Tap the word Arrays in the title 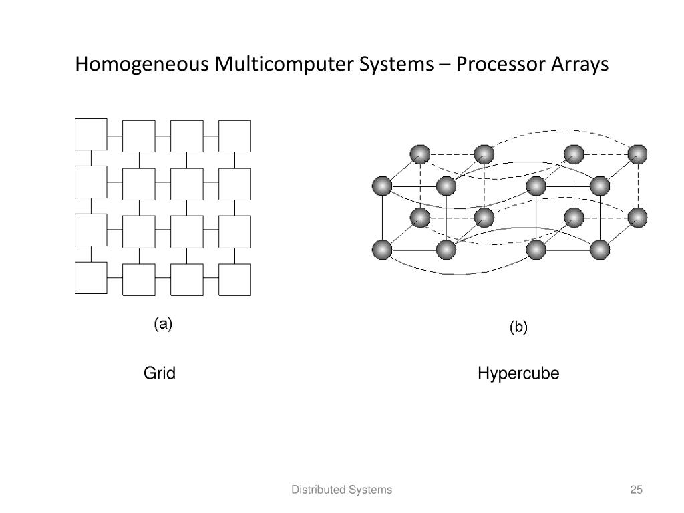pyautogui.click(x=579, y=65)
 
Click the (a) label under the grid pyautogui.click(x=163, y=325)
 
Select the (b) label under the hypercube pyautogui.click(x=518, y=327)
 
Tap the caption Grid pyautogui.click(x=160, y=373)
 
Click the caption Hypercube pyautogui.click(x=518, y=374)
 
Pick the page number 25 pyautogui.click(x=636, y=490)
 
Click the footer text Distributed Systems pyautogui.click(x=341, y=490)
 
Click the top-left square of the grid pyautogui.click(x=91, y=134)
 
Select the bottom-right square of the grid pyautogui.click(x=235, y=279)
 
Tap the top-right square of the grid pyautogui.click(x=235, y=136)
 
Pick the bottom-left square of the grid pyautogui.click(x=91, y=278)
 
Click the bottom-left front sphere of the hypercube pyautogui.click(x=382, y=250)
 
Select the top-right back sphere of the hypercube pyautogui.click(x=638, y=154)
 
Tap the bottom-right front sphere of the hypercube pyautogui.click(x=600, y=250)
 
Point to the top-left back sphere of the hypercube pyautogui.click(x=419, y=154)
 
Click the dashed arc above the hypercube pyautogui.click(x=561, y=131)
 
